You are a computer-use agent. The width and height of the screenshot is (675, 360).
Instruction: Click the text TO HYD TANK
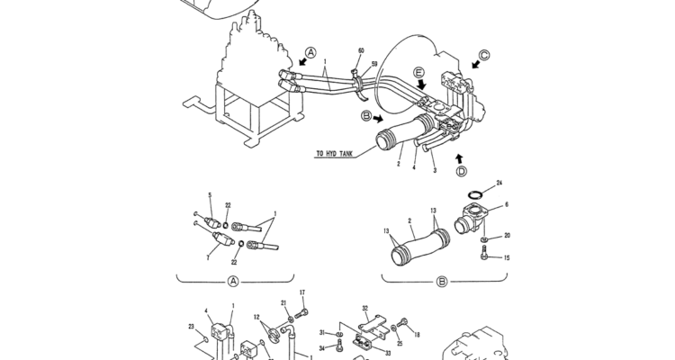[x=334, y=154]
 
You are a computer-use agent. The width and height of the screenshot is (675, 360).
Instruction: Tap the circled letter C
[x=484, y=55]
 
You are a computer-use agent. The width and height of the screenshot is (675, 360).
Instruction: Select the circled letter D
[x=461, y=171]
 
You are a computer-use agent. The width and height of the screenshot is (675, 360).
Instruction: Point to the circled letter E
[x=418, y=72]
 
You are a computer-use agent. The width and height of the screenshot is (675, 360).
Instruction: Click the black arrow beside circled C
[x=476, y=64]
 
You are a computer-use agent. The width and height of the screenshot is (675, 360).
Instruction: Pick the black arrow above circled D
[x=460, y=158]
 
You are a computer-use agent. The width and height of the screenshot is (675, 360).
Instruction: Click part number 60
[x=361, y=50]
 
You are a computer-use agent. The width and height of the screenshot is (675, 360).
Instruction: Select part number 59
[x=374, y=64]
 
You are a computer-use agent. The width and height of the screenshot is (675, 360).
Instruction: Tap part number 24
[x=499, y=183]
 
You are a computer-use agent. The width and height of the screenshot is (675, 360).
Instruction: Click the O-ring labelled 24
[x=475, y=196]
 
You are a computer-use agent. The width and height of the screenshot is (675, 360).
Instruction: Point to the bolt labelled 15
[x=484, y=253]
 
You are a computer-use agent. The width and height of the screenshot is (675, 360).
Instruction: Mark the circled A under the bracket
[x=232, y=282]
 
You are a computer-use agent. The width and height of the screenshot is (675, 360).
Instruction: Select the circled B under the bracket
[x=442, y=282]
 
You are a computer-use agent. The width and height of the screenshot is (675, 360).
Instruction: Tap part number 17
[x=302, y=292]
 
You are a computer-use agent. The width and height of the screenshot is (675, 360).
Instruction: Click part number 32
[x=365, y=309]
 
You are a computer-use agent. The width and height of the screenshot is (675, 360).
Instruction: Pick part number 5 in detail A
[x=210, y=195]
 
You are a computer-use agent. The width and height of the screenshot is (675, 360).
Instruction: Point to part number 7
[x=208, y=258]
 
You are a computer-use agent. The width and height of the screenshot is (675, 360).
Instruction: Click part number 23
[x=192, y=327]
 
